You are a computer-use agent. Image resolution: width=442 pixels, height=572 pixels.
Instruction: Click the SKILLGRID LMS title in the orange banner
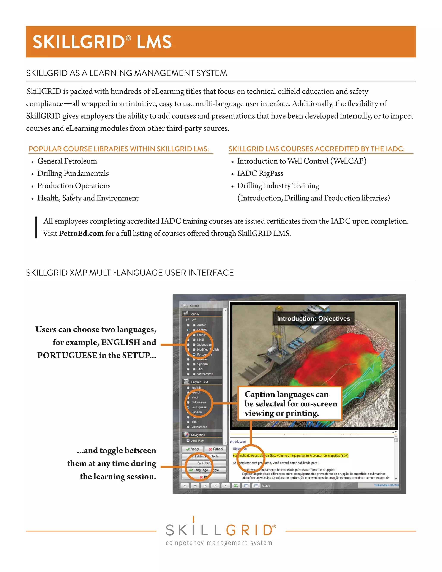[102, 42]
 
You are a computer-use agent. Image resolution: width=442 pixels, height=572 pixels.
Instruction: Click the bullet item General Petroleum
[67, 161]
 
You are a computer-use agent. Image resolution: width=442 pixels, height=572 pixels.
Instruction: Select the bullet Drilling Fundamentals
[73, 173]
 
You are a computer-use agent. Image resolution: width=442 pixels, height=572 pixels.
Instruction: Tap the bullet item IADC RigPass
[260, 173]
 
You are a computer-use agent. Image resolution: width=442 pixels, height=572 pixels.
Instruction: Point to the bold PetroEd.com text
[81, 233]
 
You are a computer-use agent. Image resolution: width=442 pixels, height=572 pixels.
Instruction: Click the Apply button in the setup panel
[193, 449]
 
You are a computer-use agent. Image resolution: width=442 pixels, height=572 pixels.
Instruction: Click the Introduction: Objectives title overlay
[313, 318]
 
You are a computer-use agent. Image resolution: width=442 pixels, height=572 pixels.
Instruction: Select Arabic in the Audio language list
[201, 325]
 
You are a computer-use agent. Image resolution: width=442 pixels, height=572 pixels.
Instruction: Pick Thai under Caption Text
[194, 422]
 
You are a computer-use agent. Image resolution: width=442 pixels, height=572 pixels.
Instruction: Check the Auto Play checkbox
[188, 441]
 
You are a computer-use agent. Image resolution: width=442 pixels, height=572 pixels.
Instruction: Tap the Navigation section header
[198, 435]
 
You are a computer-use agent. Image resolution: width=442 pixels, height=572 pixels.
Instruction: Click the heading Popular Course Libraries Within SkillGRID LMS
[119, 149]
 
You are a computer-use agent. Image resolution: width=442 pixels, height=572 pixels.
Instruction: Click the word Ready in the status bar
[265, 486]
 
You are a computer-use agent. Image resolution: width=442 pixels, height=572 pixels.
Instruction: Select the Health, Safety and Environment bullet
[88, 198]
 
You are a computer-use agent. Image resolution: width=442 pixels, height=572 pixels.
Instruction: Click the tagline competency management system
[219, 543]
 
